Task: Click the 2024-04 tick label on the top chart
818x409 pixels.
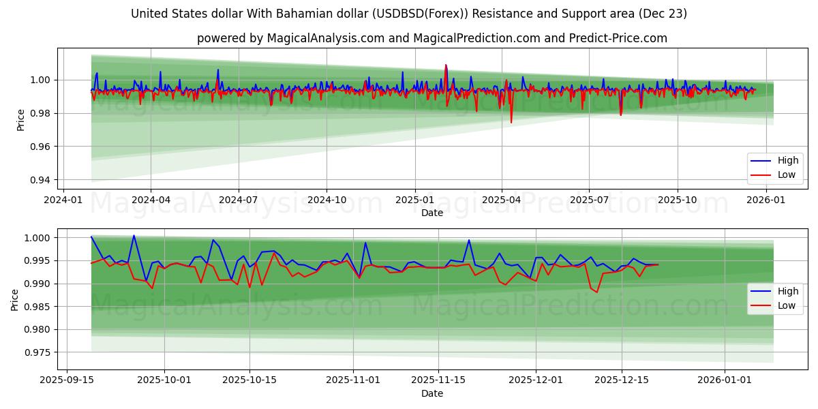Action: click(150, 200)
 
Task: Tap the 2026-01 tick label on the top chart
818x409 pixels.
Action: click(766, 200)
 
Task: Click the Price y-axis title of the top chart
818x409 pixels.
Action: click(21, 119)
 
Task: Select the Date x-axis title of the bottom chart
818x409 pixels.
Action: click(431, 393)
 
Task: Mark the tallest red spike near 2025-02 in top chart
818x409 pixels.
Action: click(446, 65)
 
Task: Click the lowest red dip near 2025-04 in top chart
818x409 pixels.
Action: click(511, 123)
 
